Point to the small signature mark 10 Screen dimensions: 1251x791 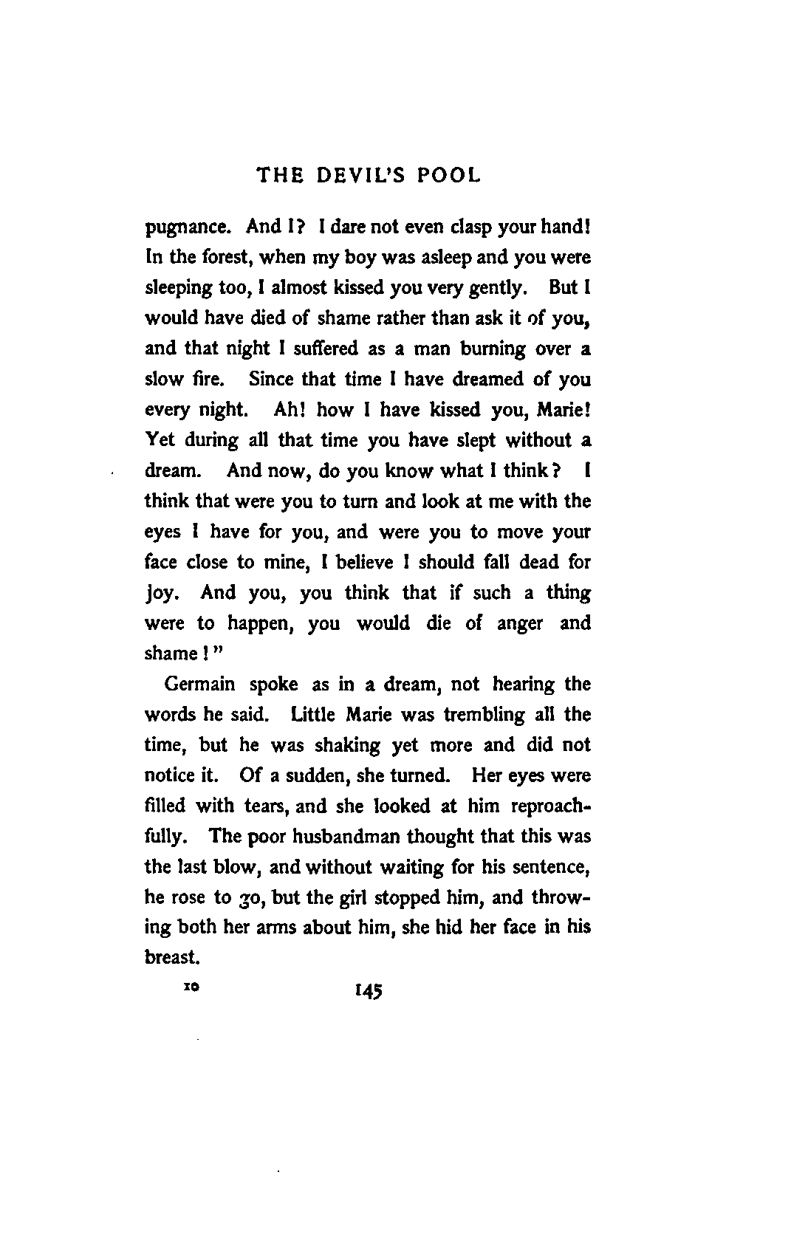pyautogui.click(x=195, y=987)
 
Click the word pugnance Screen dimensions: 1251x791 pyautogui.click(x=186, y=227)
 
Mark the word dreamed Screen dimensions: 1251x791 pyautogui.click(x=490, y=379)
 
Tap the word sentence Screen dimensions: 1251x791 pyautogui.click(x=549, y=867)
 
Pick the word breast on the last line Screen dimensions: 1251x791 pyautogui.click(x=171, y=957)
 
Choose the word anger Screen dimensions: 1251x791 pyautogui.click(x=519, y=623)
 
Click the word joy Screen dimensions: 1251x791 pyautogui.click(x=164, y=594)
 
